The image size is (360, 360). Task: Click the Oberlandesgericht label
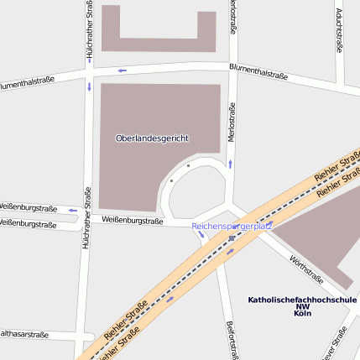[x=152, y=137]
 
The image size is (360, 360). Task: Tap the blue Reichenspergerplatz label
[x=232, y=227]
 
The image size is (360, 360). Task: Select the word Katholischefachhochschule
[x=302, y=300]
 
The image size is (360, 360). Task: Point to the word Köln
[x=302, y=313]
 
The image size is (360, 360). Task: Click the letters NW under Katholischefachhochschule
[x=302, y=306]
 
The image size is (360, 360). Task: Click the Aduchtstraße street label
[x=338, y=29]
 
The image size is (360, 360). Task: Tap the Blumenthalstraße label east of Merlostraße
[x=258, y=73]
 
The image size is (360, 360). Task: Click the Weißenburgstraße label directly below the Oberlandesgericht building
[x=132, y=221]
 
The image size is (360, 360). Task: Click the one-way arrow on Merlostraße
[x=230, y=164]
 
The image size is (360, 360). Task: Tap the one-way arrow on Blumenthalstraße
[x=122, y=70]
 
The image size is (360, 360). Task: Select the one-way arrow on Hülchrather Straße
[x=88, y=86]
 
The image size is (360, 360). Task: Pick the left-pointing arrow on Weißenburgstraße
[x=72, y=210]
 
